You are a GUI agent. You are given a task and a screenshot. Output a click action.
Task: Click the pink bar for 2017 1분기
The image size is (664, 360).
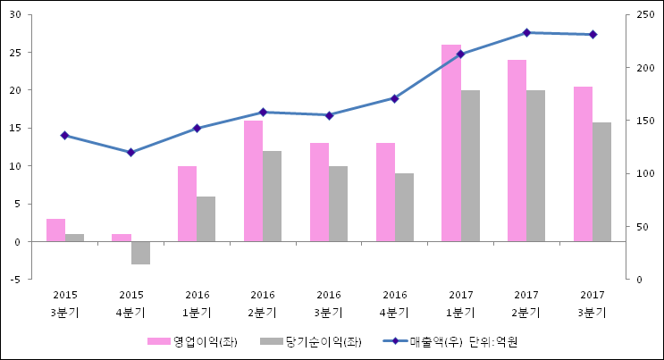point(451,143)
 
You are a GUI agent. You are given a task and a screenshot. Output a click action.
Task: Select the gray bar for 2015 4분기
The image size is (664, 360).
point(140,253)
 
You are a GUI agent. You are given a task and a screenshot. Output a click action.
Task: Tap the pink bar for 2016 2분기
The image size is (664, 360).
point(253,180)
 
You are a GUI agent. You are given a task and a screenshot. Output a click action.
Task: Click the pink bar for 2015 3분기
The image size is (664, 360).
point(55,230)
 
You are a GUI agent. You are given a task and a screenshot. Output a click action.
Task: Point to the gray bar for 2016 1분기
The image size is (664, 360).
point(206,219)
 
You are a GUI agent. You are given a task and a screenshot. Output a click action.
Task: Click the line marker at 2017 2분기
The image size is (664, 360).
point(526,32)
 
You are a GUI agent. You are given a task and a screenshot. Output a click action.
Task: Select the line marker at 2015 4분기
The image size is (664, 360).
point(130,152)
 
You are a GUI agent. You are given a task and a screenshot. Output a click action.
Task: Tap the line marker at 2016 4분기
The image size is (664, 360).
point(394,98)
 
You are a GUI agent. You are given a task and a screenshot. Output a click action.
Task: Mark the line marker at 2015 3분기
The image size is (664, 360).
point(64,135)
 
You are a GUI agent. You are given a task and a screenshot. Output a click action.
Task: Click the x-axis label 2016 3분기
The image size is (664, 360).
point(329,304)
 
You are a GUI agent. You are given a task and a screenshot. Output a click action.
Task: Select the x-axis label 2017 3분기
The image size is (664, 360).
point(592,304)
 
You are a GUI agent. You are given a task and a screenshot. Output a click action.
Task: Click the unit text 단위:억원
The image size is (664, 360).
point(493,341)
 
